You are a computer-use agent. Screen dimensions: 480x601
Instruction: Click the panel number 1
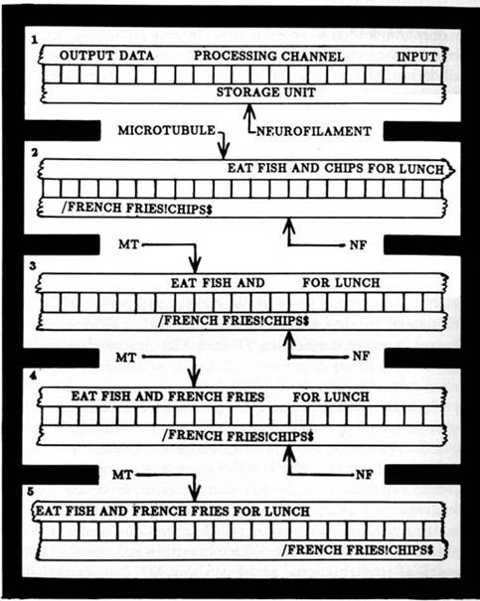[35, 40]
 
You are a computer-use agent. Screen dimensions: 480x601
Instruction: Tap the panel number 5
[31, 492]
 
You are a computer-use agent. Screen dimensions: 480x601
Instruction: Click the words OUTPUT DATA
[106, 56]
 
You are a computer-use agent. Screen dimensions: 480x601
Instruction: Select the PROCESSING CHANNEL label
[268, 56]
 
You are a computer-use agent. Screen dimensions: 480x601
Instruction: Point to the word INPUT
[417, 57]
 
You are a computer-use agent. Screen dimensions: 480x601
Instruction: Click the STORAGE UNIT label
[266, 92]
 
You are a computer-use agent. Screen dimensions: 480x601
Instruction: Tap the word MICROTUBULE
[167, 130]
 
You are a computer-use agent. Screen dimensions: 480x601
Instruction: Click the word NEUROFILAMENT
[314, 131]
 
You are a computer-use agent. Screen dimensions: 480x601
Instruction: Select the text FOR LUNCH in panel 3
[341, 283]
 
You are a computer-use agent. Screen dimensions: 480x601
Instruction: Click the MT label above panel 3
[128, 244]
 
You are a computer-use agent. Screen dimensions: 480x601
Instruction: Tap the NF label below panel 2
[358, 245]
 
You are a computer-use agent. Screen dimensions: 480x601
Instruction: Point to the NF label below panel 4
[364, 475]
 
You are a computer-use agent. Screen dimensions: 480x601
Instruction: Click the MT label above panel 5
[122, 475]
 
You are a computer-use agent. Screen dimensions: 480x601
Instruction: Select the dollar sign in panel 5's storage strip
[430, 550]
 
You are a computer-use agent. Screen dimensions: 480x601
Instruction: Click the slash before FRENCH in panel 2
[64, 208]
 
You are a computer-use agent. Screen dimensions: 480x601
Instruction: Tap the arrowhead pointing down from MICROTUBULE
[224, 151]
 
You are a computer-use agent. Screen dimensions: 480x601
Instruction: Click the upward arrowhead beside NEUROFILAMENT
[249, 111]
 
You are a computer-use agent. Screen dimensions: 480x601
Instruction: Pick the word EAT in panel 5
[49, 512]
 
